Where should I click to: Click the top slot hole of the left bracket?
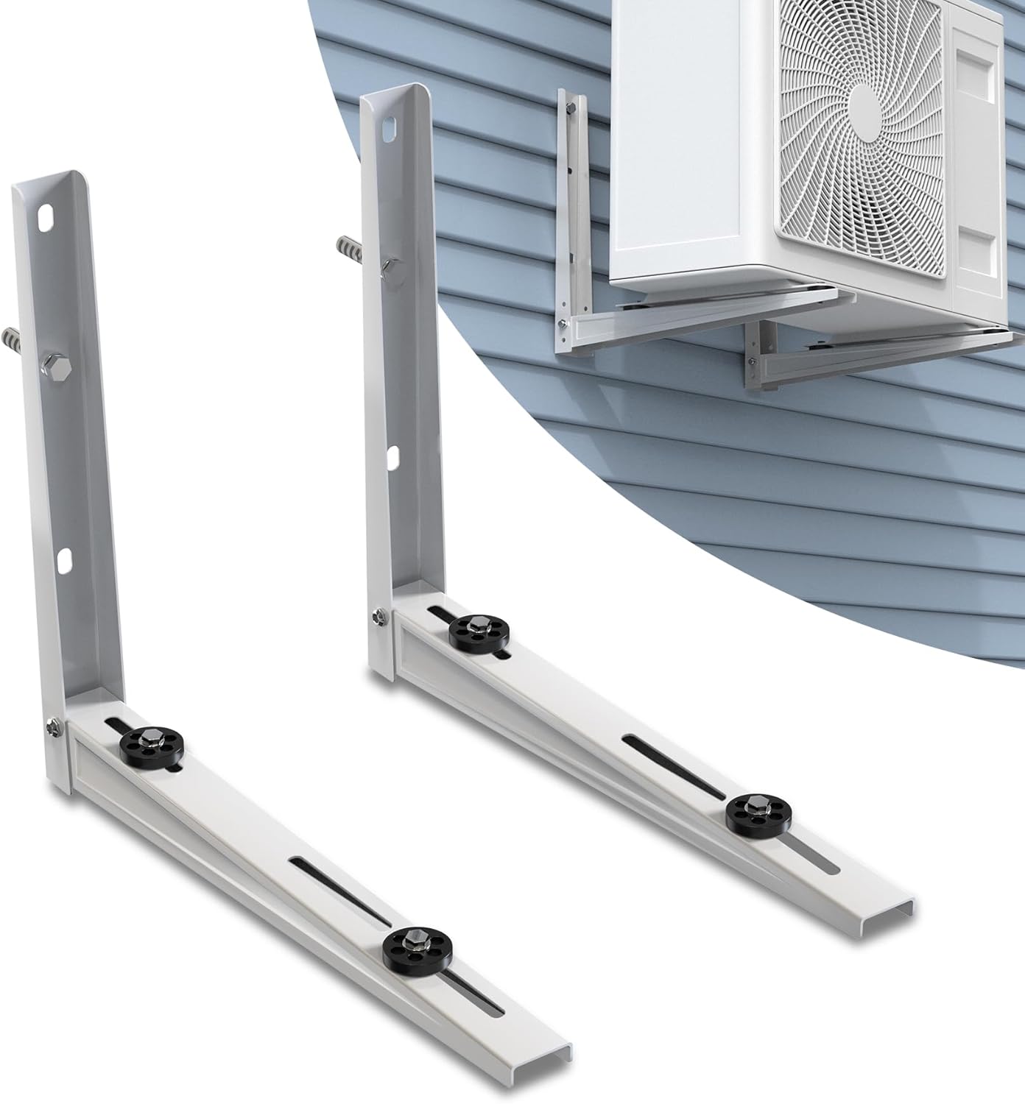(46, 222)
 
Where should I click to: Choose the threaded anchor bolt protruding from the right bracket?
(351, 246)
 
